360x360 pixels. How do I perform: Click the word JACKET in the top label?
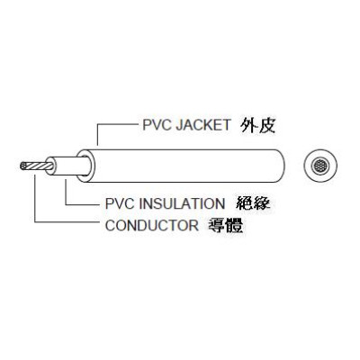point(203,125)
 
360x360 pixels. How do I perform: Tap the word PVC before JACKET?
point(157,125)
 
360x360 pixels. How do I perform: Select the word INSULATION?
point(182,203)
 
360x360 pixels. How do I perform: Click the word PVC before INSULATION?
point(121,203)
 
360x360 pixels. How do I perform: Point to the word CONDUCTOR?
point(152,226)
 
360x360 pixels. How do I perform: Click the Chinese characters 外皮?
point(258,126)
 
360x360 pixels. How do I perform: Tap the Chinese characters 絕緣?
point(253,203)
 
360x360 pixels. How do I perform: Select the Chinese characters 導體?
point(226,226)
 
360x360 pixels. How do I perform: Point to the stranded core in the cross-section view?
point(319,166)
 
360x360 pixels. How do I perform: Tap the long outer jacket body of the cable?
point(186,166)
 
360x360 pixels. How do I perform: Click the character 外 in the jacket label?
point(249,126)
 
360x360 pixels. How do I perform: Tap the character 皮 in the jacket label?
point(266,126)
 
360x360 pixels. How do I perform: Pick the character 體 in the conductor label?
point(235,226)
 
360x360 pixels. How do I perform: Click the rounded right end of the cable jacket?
point(282,166)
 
